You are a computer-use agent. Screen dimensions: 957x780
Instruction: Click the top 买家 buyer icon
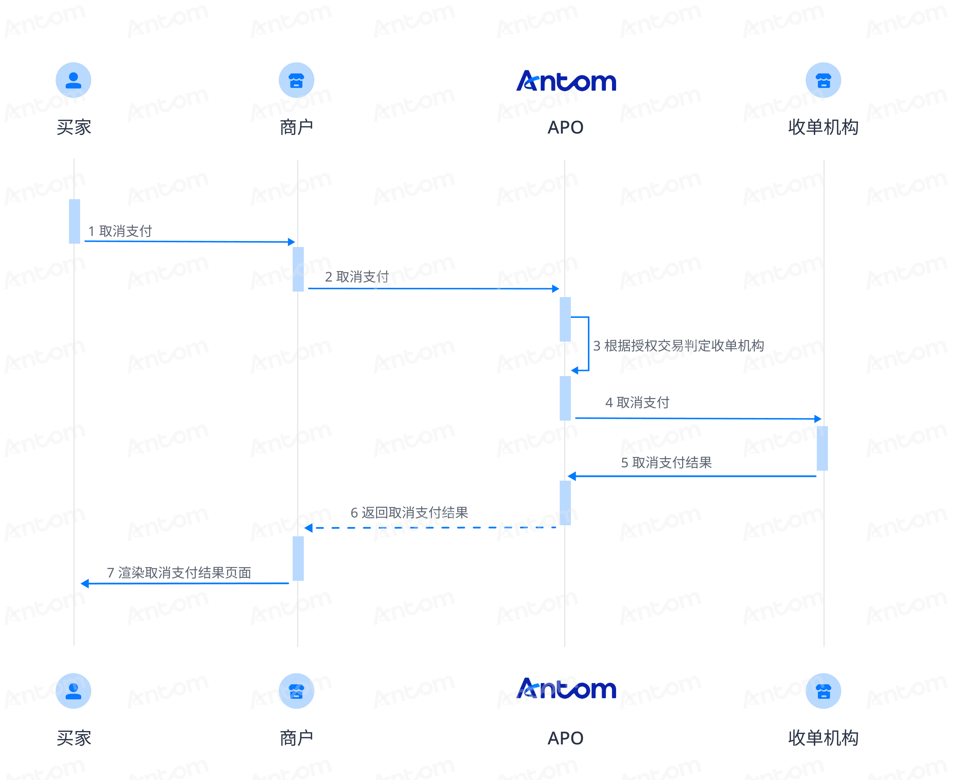(x=73, y=80)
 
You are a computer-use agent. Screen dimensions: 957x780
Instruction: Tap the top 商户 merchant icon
(x=296, y=80)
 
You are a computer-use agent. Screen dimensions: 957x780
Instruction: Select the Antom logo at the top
(x=566, y=81)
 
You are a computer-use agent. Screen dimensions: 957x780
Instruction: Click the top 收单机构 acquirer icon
(x=823, y=80)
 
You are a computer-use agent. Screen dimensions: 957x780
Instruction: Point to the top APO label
(x=565, y=128)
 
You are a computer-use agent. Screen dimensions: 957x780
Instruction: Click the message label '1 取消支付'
(x=120, y=231)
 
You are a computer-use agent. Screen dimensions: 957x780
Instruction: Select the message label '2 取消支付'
(x=357, y=277)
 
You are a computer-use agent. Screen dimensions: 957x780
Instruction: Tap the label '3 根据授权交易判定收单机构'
(x=678, y=346)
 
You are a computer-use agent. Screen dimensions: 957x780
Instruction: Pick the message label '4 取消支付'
(x=637, y=402)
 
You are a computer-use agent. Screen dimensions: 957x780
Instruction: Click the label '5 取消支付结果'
(x=666, y=463)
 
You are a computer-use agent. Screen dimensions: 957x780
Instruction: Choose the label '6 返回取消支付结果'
(x=409, y=513)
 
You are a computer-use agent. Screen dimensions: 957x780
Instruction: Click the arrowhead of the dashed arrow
(x=308, y=528)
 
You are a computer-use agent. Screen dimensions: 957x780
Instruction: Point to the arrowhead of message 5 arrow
(x=572, y=476)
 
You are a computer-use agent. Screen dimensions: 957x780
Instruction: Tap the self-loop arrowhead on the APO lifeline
(x=575, y=371)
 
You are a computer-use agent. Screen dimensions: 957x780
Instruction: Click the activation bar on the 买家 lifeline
(x=75, y=221)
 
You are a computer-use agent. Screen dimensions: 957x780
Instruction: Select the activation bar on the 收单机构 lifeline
(x=822, y=448)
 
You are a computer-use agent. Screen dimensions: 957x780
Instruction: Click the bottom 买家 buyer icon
(x=73, y=691)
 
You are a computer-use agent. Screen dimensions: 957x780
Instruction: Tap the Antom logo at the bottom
(x=566, y=689)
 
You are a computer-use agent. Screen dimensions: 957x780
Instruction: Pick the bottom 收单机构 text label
(x=823, y=738)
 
